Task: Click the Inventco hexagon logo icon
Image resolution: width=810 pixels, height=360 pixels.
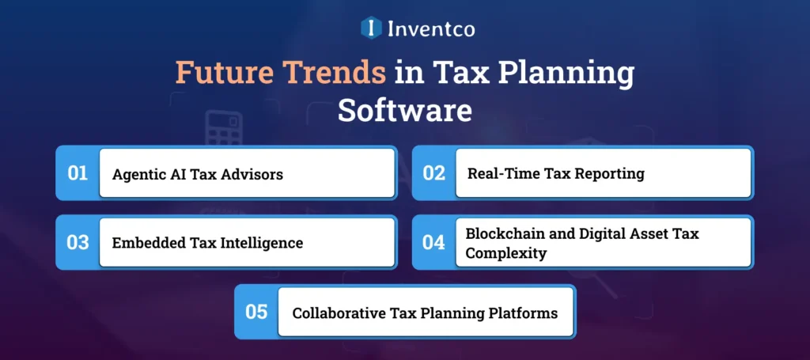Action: (370, 28)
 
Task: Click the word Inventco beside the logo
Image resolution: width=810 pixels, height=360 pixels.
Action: (431, 29)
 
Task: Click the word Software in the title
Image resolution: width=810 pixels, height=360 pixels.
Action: (404, 110)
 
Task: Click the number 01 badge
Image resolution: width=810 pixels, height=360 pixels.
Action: (78, 172)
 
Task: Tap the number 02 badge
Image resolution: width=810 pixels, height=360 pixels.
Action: (433, 172)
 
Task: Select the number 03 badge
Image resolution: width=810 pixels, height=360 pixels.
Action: (78, 242)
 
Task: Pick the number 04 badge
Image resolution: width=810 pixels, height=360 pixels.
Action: (433, 242)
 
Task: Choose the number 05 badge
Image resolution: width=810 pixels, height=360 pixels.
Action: (256, 312)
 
